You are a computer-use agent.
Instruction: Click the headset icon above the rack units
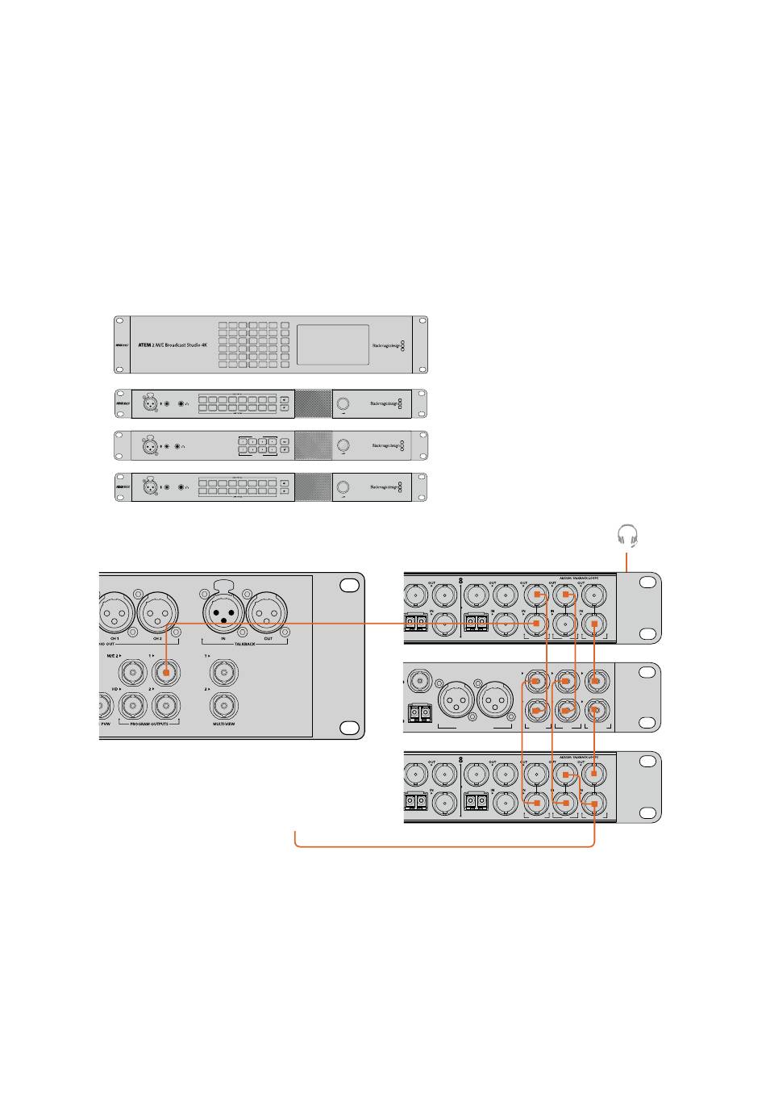pos(627,535)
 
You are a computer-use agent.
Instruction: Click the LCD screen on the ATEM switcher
pos(333,344)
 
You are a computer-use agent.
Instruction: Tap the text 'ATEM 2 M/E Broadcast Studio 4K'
pos(173,344)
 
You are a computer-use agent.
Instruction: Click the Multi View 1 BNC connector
pos(223,671)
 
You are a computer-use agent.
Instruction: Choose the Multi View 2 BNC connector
pos(223,706)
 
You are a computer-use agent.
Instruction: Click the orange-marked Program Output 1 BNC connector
pos(165,671)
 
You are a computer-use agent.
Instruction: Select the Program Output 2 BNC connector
pos(165,706)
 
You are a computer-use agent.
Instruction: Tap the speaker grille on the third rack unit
pos(313,445)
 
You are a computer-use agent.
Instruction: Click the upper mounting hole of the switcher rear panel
pos(348,586)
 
